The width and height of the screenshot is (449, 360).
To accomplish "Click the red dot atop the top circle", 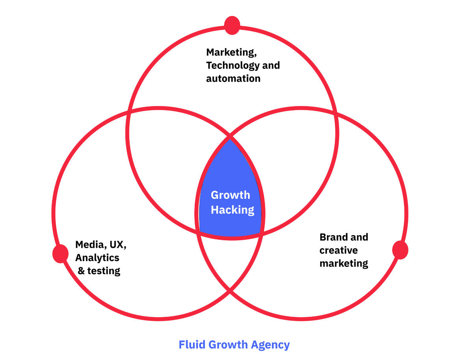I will point(232,25).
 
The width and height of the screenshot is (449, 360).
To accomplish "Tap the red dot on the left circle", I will point(60,254).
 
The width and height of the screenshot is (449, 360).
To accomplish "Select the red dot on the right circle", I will point(400,250).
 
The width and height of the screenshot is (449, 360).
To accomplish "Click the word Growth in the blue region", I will point(230,195).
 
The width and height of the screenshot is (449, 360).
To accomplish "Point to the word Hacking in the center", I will point(232,210).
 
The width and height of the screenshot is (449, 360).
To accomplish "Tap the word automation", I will point(233,78).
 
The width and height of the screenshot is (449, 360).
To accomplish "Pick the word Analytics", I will point(97,258).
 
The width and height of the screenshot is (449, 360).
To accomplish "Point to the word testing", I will point(104,271).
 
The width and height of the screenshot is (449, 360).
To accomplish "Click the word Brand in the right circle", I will point(334,237).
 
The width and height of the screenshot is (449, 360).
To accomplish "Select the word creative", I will point(338,250).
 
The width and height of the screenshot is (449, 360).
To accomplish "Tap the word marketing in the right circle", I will point(343,263).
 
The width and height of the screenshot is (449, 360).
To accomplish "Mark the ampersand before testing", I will point(81,271).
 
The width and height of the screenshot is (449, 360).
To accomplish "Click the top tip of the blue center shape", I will point(230,138).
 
